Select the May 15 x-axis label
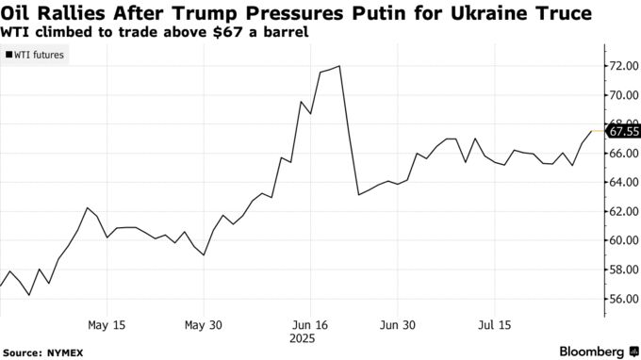[107, 324]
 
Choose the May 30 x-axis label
[204, 324]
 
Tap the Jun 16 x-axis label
[310, 324]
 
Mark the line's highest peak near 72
[338, 66]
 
